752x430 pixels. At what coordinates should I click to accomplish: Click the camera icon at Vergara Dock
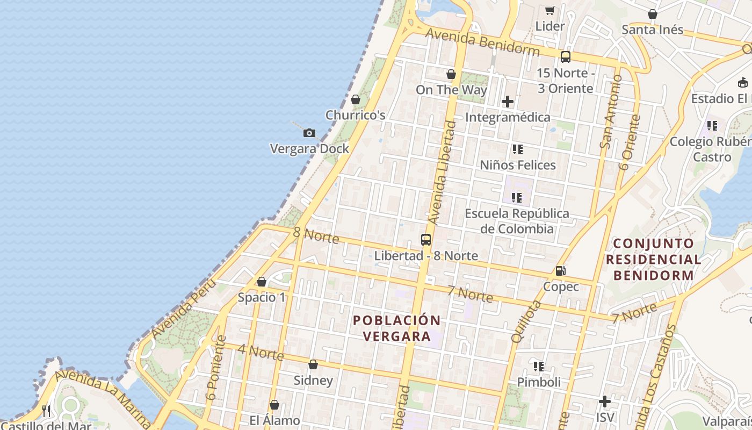309,133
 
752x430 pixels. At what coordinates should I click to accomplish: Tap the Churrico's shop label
356,115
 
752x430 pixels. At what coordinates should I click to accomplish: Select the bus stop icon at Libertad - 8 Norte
426,240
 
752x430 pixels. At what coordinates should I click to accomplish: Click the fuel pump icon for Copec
561,271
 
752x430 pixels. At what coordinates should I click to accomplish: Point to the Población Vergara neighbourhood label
397,328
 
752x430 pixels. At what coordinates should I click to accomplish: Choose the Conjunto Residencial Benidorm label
654,260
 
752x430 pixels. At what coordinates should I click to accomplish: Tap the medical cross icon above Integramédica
508,101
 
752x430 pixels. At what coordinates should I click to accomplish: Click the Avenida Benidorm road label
482,42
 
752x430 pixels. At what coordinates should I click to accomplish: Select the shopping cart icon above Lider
549,10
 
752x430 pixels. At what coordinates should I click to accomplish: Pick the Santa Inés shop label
652,30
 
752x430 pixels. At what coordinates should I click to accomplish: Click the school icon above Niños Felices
517,149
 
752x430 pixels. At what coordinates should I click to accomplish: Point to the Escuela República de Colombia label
517,221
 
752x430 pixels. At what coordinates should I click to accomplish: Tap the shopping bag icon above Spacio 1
262,282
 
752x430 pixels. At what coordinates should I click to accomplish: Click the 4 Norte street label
261,352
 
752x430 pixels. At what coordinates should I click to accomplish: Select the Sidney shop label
313,381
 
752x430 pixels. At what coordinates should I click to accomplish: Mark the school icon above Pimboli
539,367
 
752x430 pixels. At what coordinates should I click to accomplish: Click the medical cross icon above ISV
605,402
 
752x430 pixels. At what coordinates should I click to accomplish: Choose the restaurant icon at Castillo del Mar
47,411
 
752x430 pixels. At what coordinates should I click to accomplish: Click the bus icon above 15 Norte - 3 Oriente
565,57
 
